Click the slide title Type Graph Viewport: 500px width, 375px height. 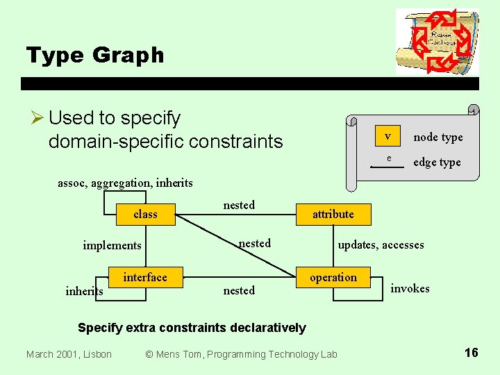[x=95, y=55]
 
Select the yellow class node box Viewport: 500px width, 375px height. [x=145, y=215]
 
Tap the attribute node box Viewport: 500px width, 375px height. [x=333, y=215]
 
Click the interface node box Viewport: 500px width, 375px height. [x=145, y=278]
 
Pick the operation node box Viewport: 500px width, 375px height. [x=333, y=278]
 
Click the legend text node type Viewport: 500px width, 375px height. [x=437, y=137]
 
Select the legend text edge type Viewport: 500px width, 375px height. [x=437, y=162]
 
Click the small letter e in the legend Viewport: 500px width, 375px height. [x=389, y=159]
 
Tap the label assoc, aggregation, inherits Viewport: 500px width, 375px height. [x=125, y=183]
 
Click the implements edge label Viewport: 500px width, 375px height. [x=112, y=245]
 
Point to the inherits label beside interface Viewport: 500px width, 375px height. [x=84, y=292]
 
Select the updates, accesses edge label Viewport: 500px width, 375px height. [x=381, y=245]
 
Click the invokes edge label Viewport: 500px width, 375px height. [x=410, y=289]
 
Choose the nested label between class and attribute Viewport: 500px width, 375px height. [x=239, y=205]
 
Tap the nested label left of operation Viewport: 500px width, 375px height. [x=239, y=290]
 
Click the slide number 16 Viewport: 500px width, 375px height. [x=471, y=353]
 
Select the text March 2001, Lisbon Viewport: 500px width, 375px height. [x=69, y=355]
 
